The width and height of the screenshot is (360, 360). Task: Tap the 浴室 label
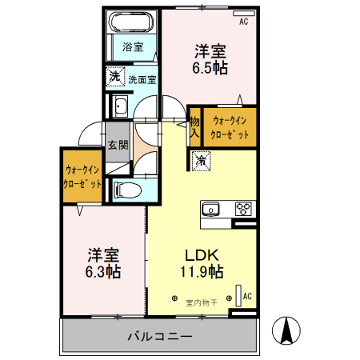(x=132, y=46)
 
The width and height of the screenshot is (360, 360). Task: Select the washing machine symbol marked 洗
(x=115, y=78)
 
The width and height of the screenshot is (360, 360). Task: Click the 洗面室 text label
(x=142, y=79)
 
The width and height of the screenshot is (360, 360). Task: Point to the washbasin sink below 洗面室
(x=122, y=106)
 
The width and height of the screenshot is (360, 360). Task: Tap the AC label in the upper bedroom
(x=243, y=22)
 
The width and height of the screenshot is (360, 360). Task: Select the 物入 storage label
(x=194, y=127)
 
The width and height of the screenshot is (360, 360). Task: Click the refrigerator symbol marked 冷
(x=200, y=160)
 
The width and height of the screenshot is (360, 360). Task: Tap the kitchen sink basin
(x=212, y=209)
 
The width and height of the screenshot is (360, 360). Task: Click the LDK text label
(x=202, y=255)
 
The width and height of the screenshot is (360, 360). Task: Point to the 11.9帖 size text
(x=202, y=272)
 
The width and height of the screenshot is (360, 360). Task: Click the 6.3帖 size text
(x=104, y=272)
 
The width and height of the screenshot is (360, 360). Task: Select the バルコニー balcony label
(x=159, y=336)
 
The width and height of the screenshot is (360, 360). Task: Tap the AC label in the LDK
(x=247, y=296)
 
